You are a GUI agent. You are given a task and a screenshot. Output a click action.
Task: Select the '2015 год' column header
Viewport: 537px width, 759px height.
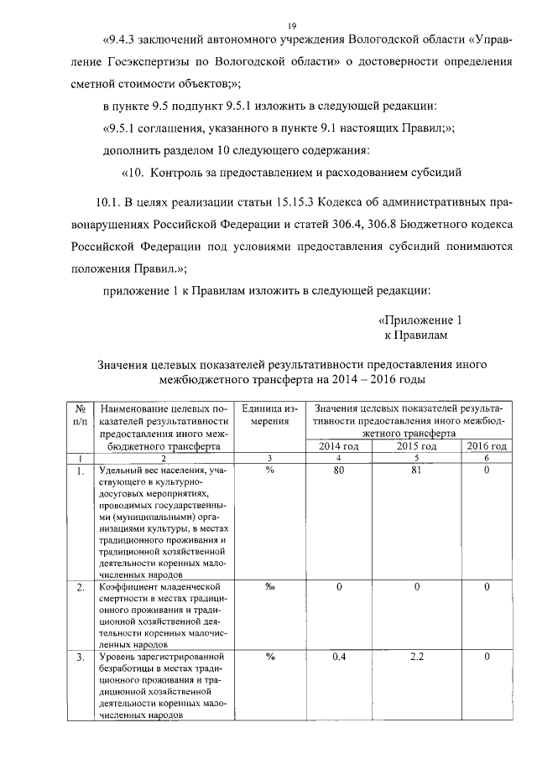click(x=415, y=446)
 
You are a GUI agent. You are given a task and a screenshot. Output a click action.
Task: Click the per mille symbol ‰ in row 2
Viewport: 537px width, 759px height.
click(x=270, y=587)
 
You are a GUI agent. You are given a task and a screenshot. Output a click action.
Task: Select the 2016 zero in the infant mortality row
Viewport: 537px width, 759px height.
click(x=487, y=587)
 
